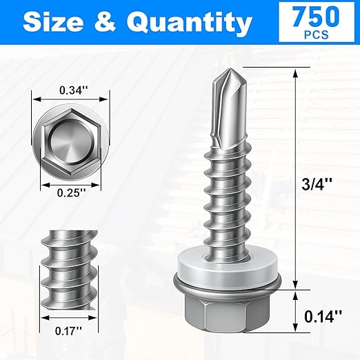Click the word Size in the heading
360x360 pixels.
(x=58, y=23)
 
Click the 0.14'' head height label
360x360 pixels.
(x=321, y=317)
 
